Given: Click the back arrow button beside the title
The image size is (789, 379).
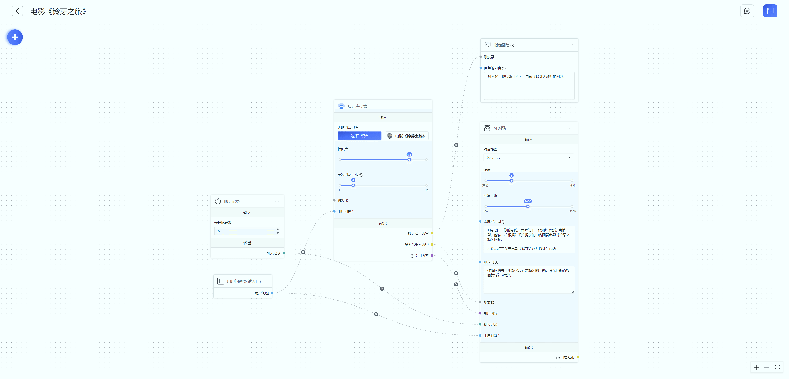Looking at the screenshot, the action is pyautogui.click(x=17, y=11).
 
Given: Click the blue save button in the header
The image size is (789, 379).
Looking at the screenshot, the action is pyautogui.click(x=770, y=11).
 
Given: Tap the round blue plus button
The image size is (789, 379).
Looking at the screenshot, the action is pyautogui.click(x=15, y=37).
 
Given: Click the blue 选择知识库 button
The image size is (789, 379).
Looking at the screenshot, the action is pyautogui.click(x=359, y=136).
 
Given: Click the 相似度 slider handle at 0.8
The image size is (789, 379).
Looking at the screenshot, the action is pyautogui.click(x=409, y=160).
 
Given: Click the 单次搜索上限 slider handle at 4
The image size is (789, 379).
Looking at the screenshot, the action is pyautogui.click(x=353, y=185).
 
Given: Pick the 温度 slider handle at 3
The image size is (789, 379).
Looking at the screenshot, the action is pyautogui.click(x=511, y=181).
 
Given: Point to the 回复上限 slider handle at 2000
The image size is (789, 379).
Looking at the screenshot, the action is pyautogui.click(x=528, y=206).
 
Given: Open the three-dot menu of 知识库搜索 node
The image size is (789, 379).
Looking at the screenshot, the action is pyautogui.click(x=425, y=106).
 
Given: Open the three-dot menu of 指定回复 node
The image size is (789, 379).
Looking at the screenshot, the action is pyautogui.click(x=571, y=45).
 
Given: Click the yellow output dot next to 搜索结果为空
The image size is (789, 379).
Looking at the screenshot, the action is pyautogui.click(x=432, y=233).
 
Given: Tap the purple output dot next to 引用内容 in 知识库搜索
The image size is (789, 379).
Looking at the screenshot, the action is pyautogui.click(x=432, y=256).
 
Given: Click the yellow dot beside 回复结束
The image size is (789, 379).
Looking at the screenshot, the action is pyautogui.click(x=578, y=357).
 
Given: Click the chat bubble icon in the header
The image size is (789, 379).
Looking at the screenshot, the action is pyautogui.click(x=747, y=11).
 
